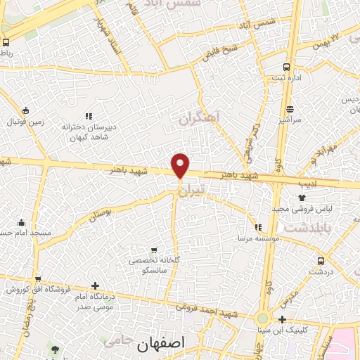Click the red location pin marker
pos(181,165)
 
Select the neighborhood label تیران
pos(191,191)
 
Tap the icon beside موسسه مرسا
pos(259,227)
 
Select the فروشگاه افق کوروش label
pos(39,290)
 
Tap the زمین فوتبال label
pos(25,122)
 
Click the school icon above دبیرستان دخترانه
pos(88,116)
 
